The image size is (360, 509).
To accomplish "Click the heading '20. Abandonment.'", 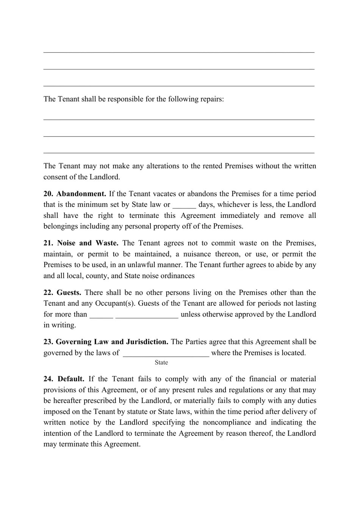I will pos(75,194).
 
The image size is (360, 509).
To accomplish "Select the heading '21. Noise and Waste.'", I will pos(81,243).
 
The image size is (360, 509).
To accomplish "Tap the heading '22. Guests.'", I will pos(62,293).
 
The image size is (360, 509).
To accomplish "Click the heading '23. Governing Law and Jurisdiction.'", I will pos(106,342).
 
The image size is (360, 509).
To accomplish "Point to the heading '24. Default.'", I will pos(64,379).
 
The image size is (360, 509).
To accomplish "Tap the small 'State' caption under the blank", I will pos(161,363).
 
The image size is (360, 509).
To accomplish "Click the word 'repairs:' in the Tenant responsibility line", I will pos(211,99).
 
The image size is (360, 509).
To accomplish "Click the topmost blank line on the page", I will pos(179,52).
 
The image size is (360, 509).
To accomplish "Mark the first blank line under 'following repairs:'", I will pos(179,119).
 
